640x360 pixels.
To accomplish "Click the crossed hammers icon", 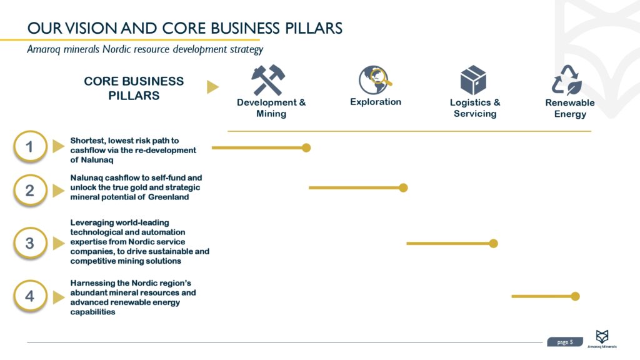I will [x=269, y=80].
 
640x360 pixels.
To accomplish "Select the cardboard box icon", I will [x=473, y=81].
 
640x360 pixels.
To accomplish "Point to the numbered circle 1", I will [x=29, y=147].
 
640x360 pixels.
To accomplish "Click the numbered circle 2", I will [x=29, y=190].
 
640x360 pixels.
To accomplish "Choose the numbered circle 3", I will [x=29, y=242].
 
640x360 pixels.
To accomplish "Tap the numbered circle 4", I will [x=29, y=296].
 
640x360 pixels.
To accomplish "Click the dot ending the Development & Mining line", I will [x=306, y=148].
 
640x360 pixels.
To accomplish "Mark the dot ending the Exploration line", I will [x=403, y=187].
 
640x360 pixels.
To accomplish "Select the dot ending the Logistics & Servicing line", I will [x=493, y=243].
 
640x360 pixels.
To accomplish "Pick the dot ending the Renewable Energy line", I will [x=575, y=296].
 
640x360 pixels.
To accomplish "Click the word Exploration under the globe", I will [x=376, y=102].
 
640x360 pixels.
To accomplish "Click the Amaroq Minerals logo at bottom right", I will [x=602, y=338].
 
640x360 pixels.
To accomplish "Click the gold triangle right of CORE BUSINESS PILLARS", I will [x=212, y=87].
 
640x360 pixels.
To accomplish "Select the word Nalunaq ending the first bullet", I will [x=96, y=160].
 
